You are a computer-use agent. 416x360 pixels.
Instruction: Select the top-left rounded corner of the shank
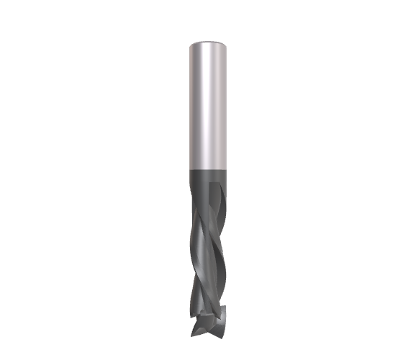pos(189,46)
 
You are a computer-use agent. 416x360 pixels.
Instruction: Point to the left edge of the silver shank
pos(189,108)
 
